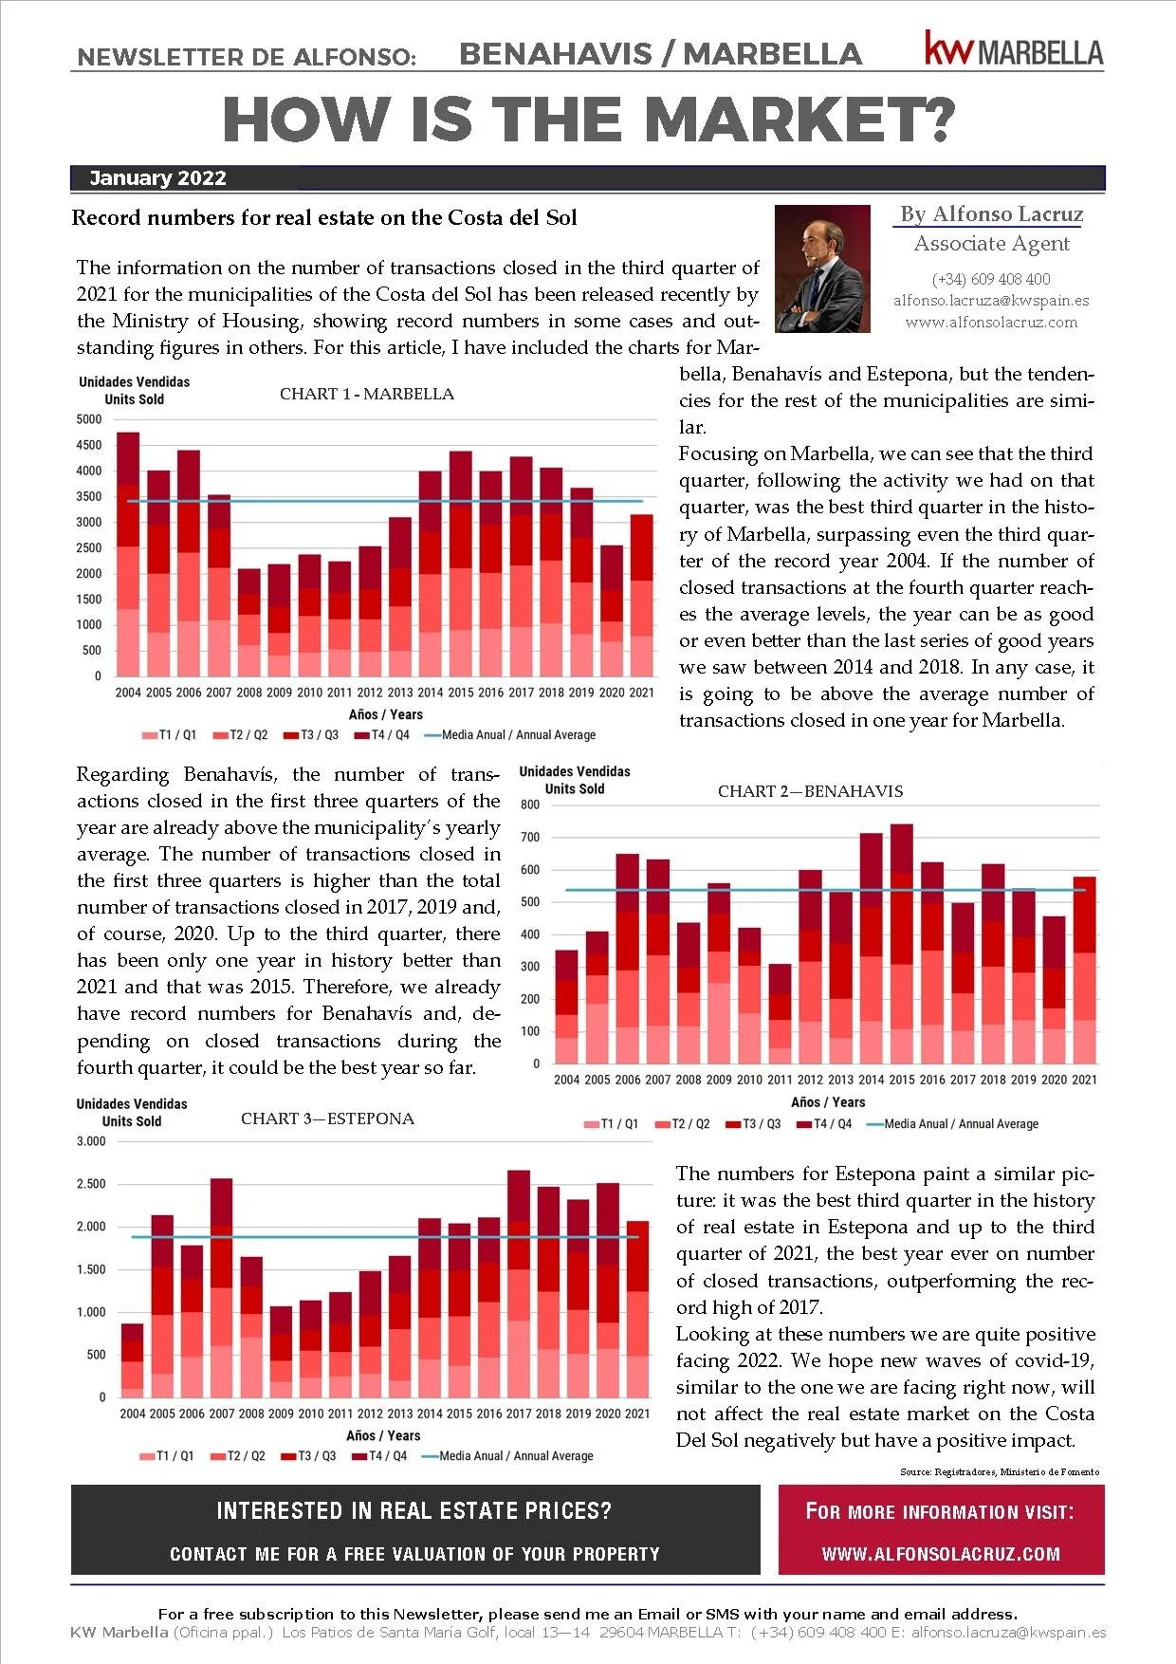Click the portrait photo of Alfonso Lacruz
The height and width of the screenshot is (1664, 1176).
[822, 268]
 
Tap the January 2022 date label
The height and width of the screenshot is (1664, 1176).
[157, 178]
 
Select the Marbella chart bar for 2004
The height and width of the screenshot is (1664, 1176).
[128, 555]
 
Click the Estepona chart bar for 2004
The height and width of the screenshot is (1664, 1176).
[133, 1360]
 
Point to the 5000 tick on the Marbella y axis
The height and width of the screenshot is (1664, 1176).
[89, 419]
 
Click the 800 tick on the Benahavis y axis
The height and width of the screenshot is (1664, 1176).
[530, 805]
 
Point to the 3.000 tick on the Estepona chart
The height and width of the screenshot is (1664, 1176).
[91, 1141]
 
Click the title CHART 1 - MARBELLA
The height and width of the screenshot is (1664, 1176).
[367, 394]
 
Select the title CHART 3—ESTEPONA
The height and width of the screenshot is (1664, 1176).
[327, 1119]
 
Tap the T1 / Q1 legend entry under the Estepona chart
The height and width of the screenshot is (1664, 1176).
[167, 1456]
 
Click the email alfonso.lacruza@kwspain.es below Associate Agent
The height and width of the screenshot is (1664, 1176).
[991, 301]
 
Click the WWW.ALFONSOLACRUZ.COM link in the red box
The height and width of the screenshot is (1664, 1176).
[941, 1554]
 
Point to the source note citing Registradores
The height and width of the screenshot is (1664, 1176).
[1000, 1471]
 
